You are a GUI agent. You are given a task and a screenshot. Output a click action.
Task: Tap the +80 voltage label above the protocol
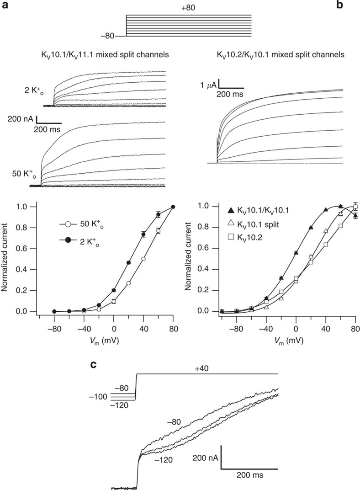(x=188, y=8)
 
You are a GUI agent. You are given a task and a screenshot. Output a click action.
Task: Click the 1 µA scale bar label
(x=208, y=84)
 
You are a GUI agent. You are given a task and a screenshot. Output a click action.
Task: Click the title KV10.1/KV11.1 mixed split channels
(x=101, y=55)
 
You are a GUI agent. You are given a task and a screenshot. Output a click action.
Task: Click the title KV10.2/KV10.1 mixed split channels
(x=281, y=55)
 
